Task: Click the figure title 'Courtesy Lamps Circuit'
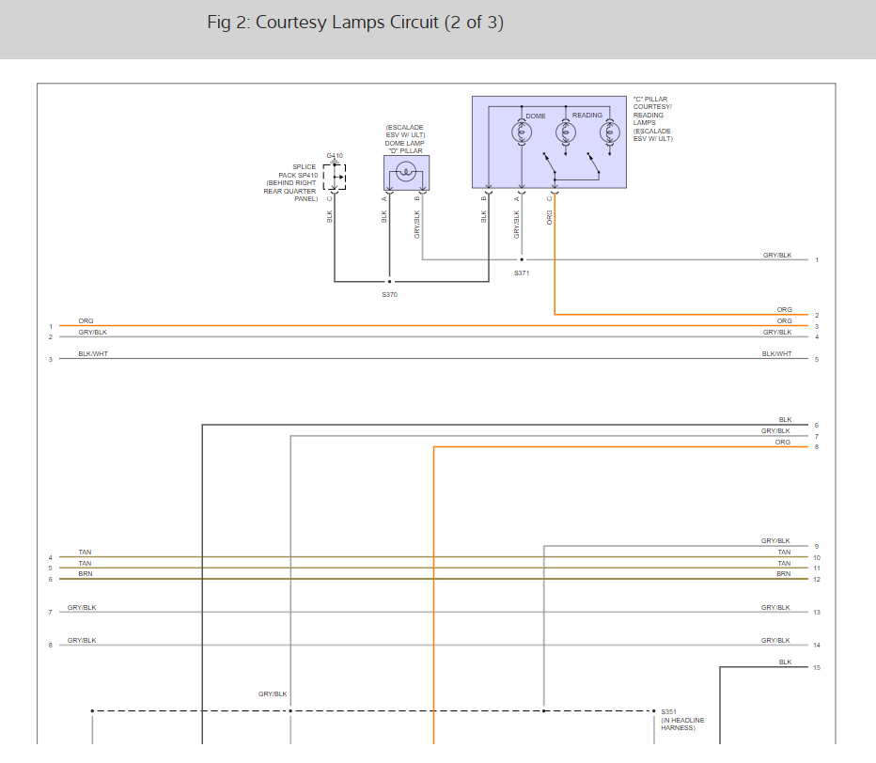(355, 23)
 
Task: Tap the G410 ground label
(335, 155)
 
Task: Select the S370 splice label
(389, 295)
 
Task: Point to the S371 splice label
(522, 272)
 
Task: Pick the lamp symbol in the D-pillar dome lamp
(406, 170)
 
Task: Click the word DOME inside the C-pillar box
(536, 116)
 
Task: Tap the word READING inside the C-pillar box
(587, 116)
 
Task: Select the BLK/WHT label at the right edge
(776, 354)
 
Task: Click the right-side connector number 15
(817, 668)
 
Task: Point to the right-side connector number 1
(817, 259)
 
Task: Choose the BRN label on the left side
(86, 573)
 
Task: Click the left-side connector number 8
(50, 646)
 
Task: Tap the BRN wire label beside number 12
(783, 573)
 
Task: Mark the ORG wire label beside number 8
(783, 442)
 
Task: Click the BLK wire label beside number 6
(785, 420)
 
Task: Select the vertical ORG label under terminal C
(550, 217)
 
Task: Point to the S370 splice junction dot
(389, 281)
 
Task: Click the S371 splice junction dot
(522, 259)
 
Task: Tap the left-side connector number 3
(50, 359)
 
